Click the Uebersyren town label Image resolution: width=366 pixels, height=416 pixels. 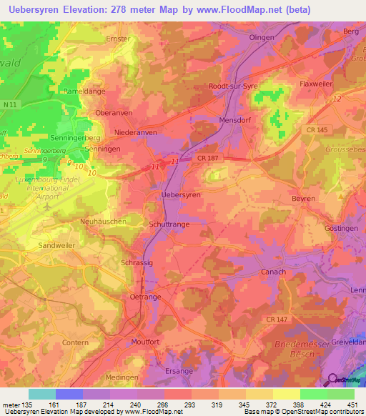pos(181,194)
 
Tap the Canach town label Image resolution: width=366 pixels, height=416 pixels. pos(273,272)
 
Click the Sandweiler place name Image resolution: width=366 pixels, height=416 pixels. pos(56,244)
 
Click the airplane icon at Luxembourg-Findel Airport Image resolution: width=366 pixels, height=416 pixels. pos(47,206)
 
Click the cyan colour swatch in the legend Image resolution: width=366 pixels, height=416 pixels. pos(42,394)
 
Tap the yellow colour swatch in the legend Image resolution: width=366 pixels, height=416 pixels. pos(287,394)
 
